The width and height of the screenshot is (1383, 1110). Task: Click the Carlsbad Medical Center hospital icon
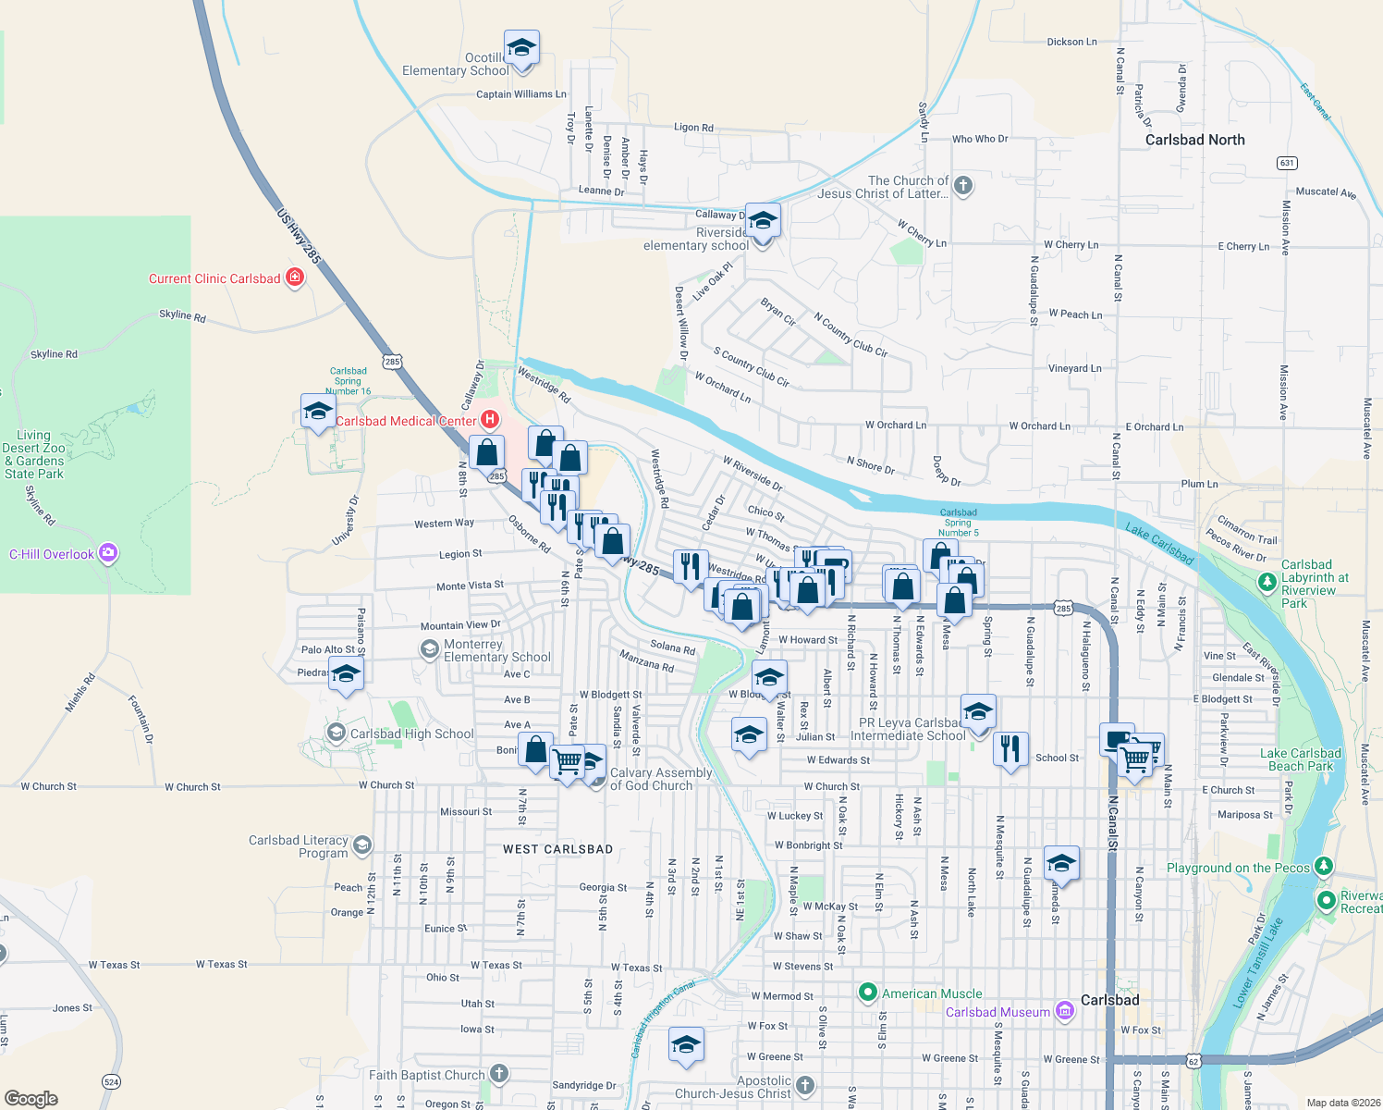coord(490,420)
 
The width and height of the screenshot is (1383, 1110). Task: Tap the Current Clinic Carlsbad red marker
coord(295,277)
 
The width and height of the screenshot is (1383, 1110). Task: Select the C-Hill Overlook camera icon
coord(108,553)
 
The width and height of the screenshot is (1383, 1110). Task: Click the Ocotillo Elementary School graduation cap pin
coord(521,48)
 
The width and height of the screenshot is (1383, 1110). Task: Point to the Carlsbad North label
coord(1194,140)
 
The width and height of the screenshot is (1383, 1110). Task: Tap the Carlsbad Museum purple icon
coord(1064,1011)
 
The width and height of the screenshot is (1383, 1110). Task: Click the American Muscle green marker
coord(867,993)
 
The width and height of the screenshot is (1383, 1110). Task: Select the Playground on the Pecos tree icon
coord(1324,866)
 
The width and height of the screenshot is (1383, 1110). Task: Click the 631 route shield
coord(1287,163)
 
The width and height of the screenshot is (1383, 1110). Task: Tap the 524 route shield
coord(111,1081)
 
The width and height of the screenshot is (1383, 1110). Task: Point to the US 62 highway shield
coord(1193,1061)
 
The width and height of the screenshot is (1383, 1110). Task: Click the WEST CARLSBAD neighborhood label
coord(557,849)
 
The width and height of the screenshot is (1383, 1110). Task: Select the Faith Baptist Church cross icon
coord(498,1074)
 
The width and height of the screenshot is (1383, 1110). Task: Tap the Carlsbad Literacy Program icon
coord(362,845)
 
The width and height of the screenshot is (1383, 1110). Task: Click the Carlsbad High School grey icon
coord(336,733)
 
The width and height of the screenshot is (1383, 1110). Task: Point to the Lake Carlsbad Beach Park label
coord(1301,759)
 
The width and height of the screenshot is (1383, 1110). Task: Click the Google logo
coord(31,1098)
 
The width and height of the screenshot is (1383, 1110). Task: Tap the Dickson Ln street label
coord(1071,42)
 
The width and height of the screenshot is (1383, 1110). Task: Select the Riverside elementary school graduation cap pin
coord(762,222)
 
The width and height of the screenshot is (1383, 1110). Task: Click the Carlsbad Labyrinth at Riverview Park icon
coord(1267,582)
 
